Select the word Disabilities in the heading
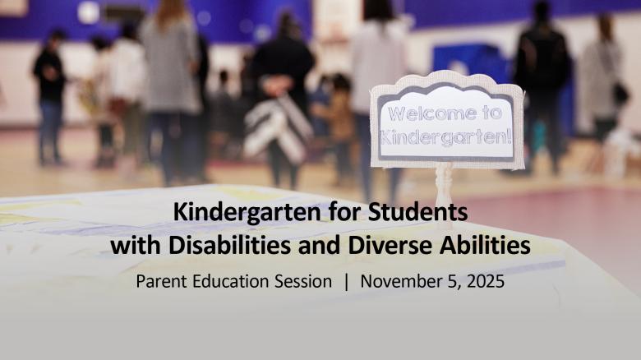click(x=230, y=245)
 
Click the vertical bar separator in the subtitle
click(x=347, y=281)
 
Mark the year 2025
click(x=485, y=281)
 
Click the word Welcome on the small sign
click(x=432, y=113)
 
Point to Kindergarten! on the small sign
click(x=445, y=137)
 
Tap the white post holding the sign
click(x=444, y=193)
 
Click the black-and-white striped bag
click(x=279, y=130)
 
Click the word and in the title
click(x=320, y=245)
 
